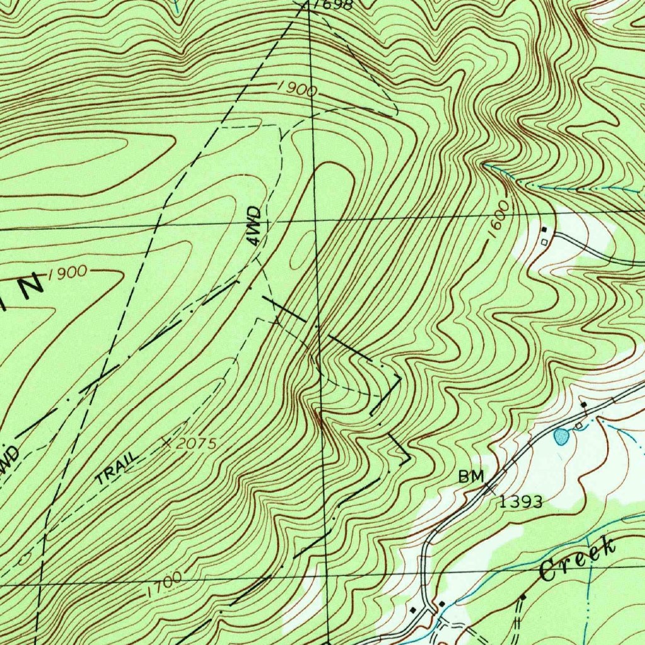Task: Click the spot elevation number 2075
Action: coord(197,444)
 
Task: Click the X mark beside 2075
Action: coord(166,443)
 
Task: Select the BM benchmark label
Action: coord(471,478)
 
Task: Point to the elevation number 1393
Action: coord(521,502)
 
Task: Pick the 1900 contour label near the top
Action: coord(297,89)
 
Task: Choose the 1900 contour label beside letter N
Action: coord(67,272)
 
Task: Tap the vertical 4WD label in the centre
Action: coord(254,225)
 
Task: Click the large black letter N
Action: coord(30,285)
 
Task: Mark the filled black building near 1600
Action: coord(545,229)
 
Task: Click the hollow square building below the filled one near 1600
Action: coord(544,241)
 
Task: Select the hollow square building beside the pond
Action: coord(578,427)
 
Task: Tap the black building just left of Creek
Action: coord(522,596)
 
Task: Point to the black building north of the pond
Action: coord(583,404)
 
